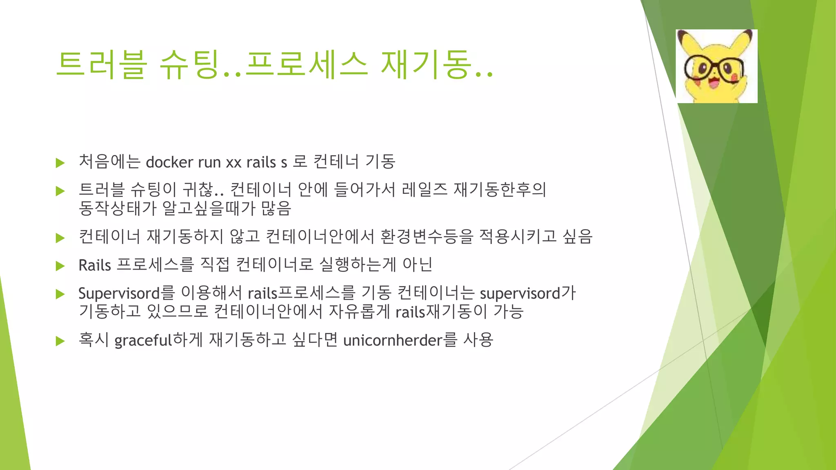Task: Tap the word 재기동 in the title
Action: tap(425, 64)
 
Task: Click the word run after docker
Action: tap(209, 162)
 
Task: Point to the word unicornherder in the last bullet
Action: tap(393, 340)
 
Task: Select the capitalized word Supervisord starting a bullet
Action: tap(119, 293)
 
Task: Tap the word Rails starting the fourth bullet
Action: tap(95, 265)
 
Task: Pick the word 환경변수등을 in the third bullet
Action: tap(426, 237)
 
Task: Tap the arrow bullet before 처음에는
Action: tap(60, 163)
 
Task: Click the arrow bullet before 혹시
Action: tap(60, 341)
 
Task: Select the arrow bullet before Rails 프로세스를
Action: tap(60, 266)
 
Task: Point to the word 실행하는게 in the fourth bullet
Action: tap(358, 265)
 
